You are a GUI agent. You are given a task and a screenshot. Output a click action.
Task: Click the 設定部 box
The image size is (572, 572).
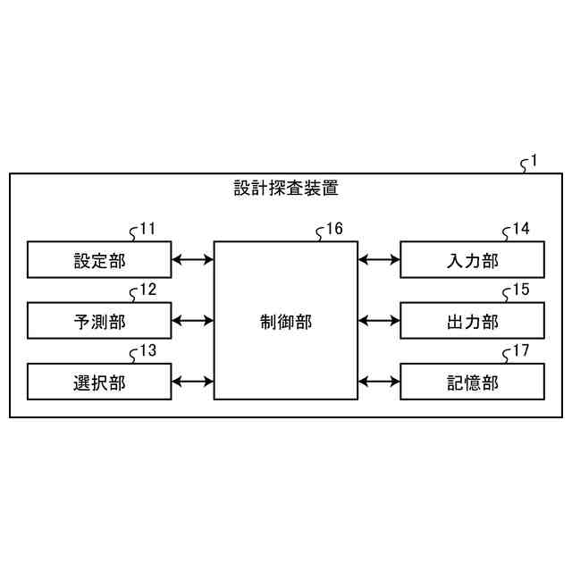pyautogui.click(x=98, y=260)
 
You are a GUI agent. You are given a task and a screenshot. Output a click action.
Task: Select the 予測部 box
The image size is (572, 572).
pyautogui.click(x=98, y=321)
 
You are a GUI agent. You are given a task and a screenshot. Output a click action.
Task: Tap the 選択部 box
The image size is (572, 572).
pyautogui.click(x=98, y=382)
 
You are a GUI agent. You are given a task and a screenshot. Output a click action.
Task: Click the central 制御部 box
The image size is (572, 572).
pyautogui.click(x=285, y=321)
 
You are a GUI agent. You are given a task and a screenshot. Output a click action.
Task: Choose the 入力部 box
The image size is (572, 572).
pyautogui.click(x=471, y=260)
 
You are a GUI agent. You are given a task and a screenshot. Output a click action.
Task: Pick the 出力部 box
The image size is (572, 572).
pyautogui.click(x=471, y=321)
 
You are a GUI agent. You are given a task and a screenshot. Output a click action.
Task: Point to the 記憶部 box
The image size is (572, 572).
pyautogui.click(x=471, y=382)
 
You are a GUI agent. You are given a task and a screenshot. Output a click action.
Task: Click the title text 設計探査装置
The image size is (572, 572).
pyautogui.click(x=286, y=189)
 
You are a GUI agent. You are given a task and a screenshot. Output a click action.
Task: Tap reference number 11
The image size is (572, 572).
pyautogui.click(x=147, y=229)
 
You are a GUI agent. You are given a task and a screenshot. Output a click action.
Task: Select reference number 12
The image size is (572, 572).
pyautogui.click(x=147, y=290)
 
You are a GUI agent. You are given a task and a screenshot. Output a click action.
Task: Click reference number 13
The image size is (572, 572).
pyautogui.click(x=147, y=350)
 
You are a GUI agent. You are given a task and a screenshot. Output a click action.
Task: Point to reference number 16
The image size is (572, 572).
pyautogui.click(x=334, y=229)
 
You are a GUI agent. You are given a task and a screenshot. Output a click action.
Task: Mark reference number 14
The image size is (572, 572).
pyautogui.click(x=520, y=229)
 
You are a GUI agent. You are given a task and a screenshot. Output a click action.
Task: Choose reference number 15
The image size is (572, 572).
pyautogui.click(x=520, y=290)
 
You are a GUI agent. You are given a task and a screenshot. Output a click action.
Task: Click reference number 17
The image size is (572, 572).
pyautogui.click(x=520, y=350)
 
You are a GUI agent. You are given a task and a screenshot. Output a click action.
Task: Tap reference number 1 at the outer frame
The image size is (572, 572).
pyautogui.click(x=534, y=162)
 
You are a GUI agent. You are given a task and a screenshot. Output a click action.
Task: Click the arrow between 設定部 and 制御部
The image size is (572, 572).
pyautogui.click(x=191, y=260)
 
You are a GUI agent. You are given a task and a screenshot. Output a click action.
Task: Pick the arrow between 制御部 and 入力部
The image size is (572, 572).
pyautogui.click(x=378, y=260)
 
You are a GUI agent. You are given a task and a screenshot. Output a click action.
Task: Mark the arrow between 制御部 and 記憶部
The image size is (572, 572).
pyautogui.click(x=378, y=382)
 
